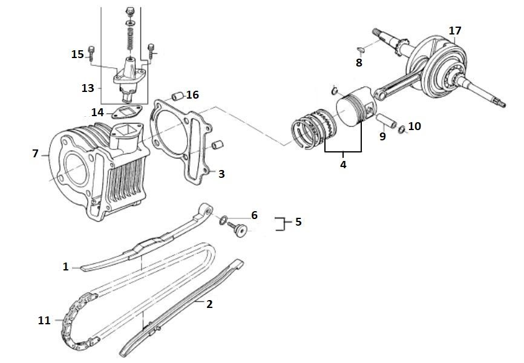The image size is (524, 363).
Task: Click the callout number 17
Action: (455, 30)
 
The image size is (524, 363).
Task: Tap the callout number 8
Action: (359, 62)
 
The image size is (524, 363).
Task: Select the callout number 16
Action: (192, 95)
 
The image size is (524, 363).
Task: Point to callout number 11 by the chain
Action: (44, 320)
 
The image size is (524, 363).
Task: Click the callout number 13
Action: (88, 88)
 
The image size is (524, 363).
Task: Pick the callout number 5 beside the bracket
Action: (298, 222)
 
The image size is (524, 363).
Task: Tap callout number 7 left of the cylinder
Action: (35, 154)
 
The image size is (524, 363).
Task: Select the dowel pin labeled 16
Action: (177, 95)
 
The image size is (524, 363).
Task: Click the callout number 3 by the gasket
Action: (221, 174)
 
